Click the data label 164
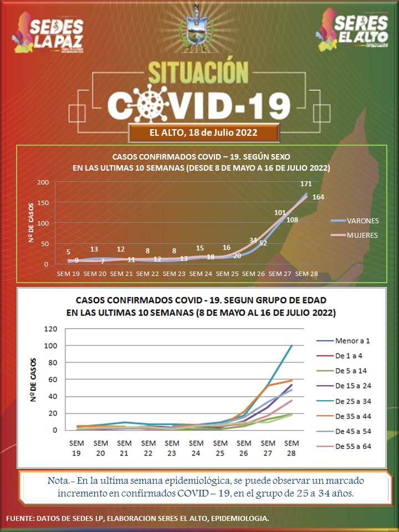(319, 197)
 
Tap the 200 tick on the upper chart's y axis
(43, 182)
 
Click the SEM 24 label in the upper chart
(201, 274)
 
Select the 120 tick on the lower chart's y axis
(51, 329)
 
